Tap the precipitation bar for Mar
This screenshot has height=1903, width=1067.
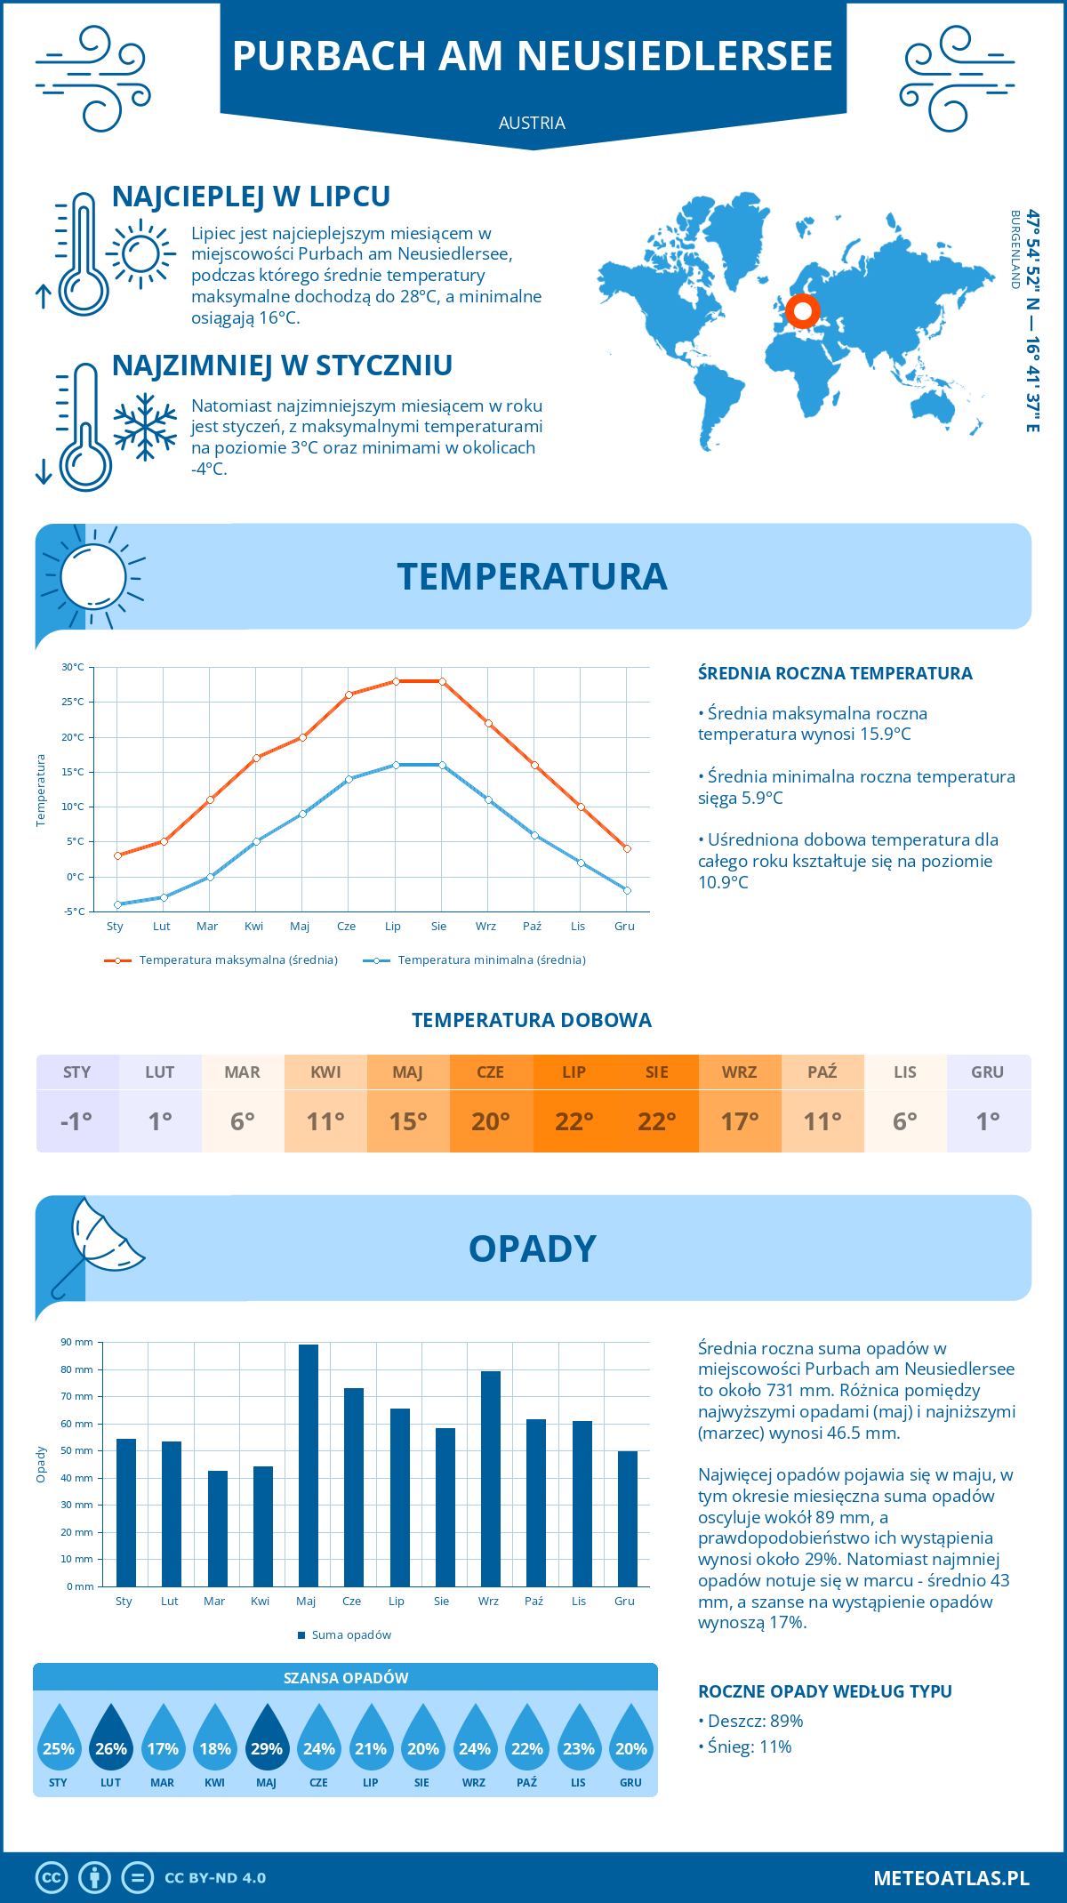coord(217,1529)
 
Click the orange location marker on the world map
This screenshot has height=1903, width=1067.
coord(803,311)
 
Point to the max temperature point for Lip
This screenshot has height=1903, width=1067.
coord(396,681)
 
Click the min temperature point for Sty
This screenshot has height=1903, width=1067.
coord(117,904)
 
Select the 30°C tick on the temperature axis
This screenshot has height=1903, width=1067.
coord(73,667)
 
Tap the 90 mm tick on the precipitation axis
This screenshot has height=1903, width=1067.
coord(77,1342)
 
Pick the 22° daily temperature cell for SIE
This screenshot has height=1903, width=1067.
coord(656,1120)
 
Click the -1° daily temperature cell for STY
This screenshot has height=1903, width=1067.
coord(76,1120)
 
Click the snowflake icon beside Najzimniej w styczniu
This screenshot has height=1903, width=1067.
coord(145,428)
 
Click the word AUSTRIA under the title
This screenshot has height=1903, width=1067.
coord(532,123)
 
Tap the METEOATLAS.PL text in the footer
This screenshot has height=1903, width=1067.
coord(951,1878)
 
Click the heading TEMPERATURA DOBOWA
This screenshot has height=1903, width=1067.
coord(532,1020)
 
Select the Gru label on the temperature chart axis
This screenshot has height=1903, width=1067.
coord(624,926)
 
